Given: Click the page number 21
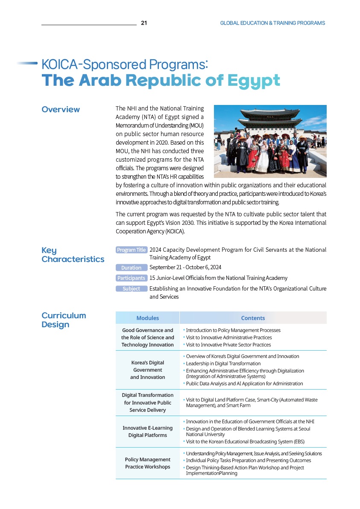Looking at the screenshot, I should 144,23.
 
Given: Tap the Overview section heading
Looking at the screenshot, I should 61,110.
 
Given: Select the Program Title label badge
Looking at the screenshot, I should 132,250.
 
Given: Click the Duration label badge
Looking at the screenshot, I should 132,268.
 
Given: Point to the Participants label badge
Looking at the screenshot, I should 132,278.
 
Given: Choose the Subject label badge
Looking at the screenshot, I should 132,289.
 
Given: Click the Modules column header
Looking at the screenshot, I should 147,318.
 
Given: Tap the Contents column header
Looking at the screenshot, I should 253,318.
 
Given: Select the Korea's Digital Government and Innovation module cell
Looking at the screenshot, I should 147,370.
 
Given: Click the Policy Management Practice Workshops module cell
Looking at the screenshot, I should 147,463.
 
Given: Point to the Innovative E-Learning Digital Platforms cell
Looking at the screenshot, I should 147,431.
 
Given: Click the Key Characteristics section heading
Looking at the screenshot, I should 73,255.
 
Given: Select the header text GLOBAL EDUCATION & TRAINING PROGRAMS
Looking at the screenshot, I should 272,23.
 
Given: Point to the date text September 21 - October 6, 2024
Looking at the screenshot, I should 185,268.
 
